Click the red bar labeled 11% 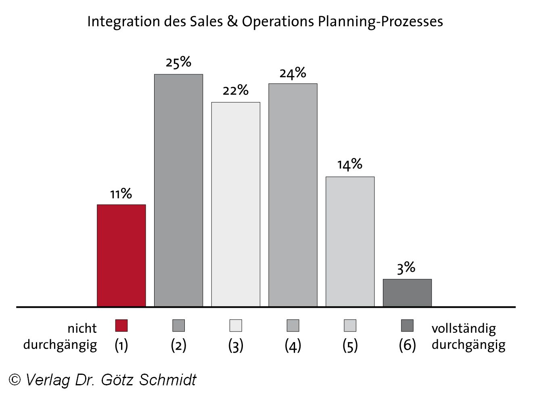121,255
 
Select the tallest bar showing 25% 178,190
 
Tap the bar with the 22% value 236,204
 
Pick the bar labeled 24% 293,195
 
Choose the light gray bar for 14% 350,242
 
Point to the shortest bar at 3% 407,293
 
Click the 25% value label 178,62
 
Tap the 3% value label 406,267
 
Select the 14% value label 349,164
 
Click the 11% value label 121,194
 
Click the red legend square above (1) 121,326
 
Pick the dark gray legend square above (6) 407,326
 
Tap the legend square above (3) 236,326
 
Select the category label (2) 178,345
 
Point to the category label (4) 293,345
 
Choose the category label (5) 350,345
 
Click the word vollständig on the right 464,328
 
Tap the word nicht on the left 82,328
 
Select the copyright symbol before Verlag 15,380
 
